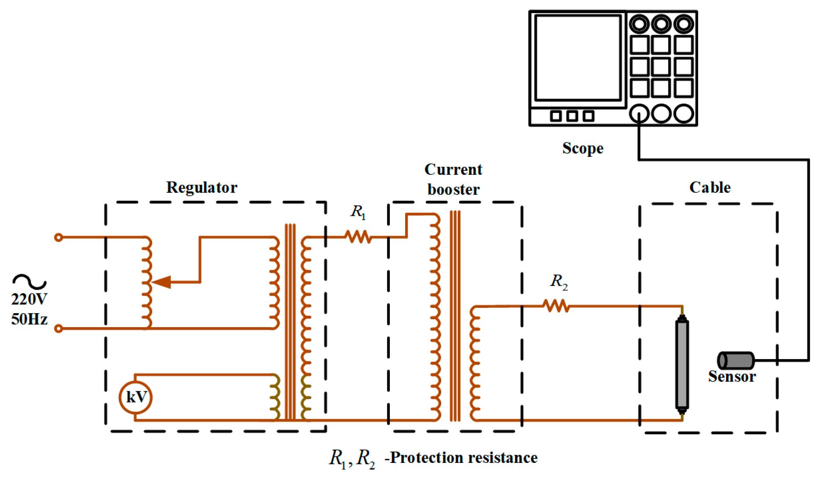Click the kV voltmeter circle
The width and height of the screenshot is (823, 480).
135,397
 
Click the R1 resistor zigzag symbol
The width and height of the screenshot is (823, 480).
358,237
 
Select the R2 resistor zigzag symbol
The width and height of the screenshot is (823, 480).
556,306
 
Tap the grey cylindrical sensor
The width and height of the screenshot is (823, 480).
736,360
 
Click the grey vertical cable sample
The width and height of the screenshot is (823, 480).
682,364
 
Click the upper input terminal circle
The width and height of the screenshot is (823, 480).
58,237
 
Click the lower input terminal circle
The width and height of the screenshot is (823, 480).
58,328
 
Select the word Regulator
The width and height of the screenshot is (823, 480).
202,187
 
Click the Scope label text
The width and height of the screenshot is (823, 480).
583,148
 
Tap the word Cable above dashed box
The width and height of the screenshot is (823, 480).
710,187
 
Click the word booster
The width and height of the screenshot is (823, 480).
453,190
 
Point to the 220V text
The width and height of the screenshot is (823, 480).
29,299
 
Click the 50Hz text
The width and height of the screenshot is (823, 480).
29,319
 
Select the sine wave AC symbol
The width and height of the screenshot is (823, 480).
29,281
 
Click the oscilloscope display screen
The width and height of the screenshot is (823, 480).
578,58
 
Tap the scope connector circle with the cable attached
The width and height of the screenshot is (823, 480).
639,114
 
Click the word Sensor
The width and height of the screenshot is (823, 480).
732,377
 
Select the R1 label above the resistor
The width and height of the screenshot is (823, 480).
358,212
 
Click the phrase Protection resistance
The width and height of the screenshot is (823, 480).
463,458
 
